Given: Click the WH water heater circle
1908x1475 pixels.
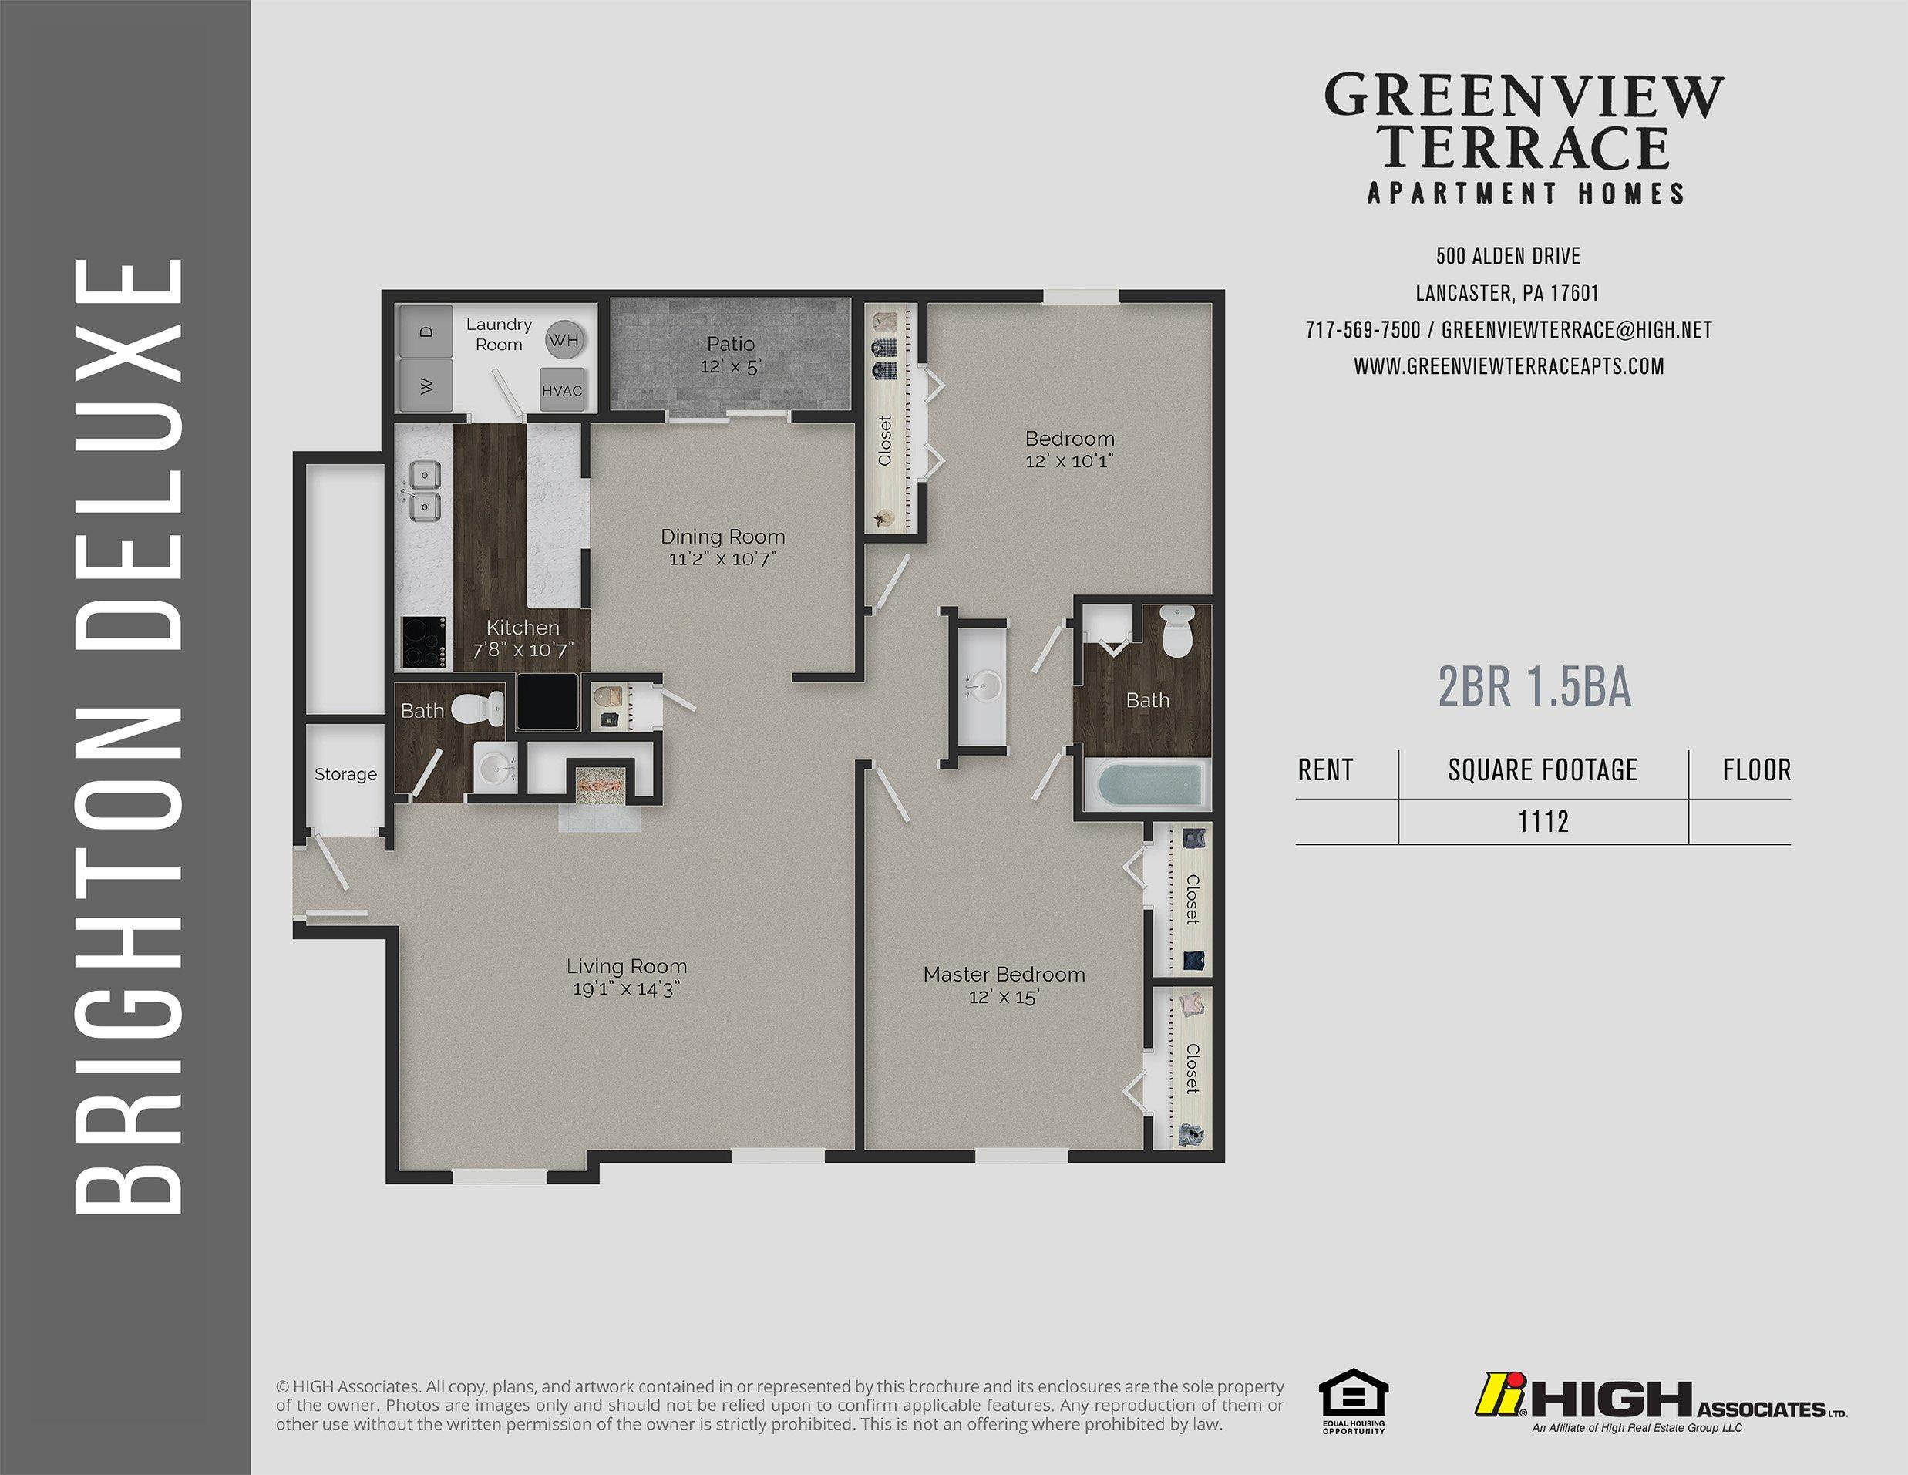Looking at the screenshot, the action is [x=564, y=340].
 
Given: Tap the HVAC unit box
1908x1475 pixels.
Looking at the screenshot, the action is [x=562, y=389].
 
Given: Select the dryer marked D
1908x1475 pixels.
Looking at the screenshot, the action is [x=426, y=332].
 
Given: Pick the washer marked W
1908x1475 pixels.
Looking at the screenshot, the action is [x=426, y=386].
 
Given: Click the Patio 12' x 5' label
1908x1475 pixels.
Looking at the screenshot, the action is [x=732, y=355].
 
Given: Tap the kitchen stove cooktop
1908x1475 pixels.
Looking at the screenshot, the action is [x=425, y=643].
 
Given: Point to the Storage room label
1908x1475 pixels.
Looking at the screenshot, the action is [x=346, y=774].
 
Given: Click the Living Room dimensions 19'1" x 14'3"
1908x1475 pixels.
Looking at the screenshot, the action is [x=624, y=988].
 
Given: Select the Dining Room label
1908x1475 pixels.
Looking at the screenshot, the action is [x=722, y=537].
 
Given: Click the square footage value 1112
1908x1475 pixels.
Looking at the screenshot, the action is [x=1543, y=821].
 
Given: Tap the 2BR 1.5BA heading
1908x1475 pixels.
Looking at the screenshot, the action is [x=1535, y=687].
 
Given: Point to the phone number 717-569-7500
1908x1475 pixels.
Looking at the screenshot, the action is [x=1363, y=330].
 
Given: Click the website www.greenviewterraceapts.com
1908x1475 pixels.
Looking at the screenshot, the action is [x=1509, y=366].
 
